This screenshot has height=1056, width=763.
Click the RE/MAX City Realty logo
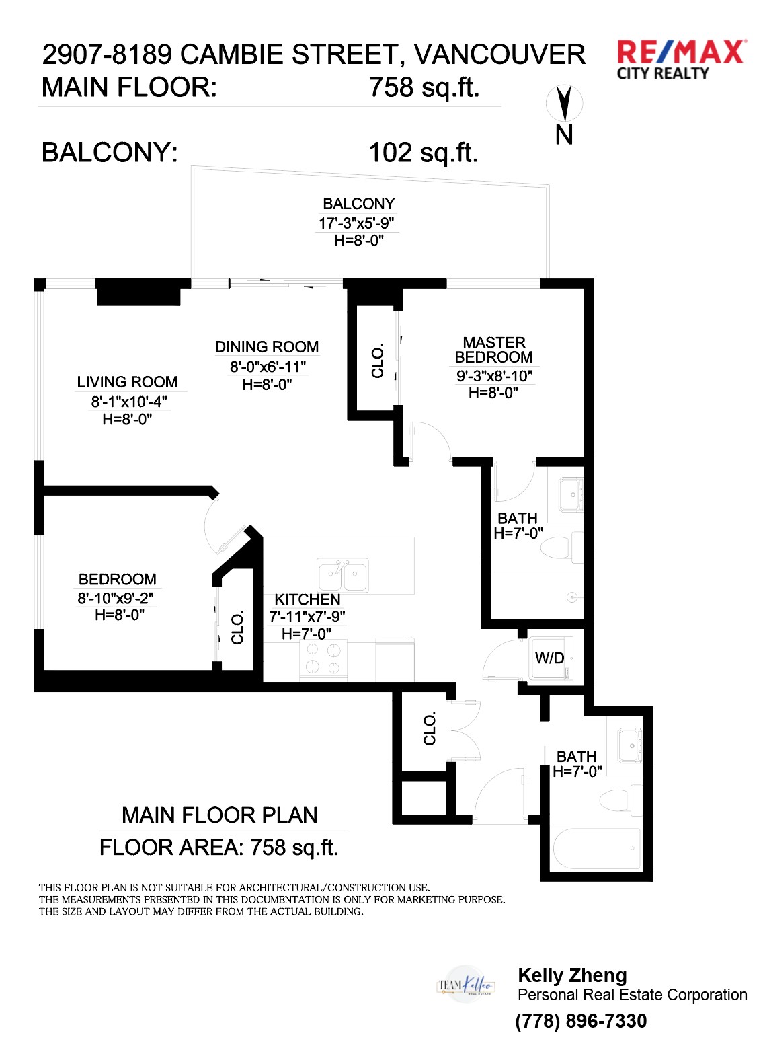point(682,61)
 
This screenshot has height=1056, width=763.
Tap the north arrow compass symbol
point(564,104)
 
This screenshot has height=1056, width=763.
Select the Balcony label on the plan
point(358,204)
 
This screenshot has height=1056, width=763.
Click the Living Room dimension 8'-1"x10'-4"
point(128,402)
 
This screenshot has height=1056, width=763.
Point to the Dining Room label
point(267,347)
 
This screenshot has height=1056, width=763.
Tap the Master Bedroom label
point(493,350)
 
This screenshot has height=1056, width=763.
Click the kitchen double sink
point(343,574)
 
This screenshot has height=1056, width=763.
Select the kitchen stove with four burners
point(323,659)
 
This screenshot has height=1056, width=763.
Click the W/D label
point(549,658)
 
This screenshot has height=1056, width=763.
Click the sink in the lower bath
point(630,746)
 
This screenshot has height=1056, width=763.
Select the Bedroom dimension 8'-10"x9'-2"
point(116,598)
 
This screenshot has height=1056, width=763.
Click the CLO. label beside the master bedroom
point(378,361)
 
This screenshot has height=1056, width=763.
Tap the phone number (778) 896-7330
point(581,1021)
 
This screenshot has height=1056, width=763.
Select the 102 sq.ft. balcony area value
point(424,153)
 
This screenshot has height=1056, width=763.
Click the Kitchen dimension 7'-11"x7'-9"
point(307,617)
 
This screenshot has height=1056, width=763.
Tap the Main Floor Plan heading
point(220,815)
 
